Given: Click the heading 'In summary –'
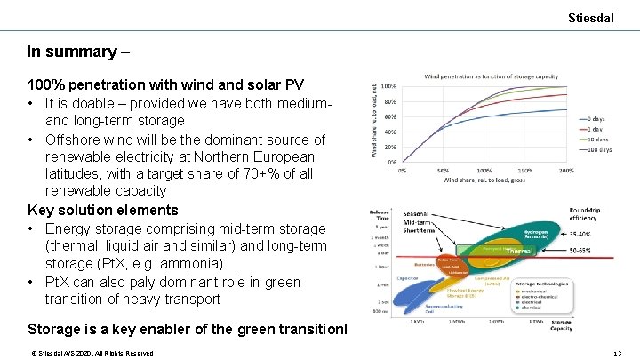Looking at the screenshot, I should pos(78,52).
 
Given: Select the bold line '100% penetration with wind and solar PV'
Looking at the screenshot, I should pos(165,85).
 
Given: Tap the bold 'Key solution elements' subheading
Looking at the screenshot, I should pos(103,211).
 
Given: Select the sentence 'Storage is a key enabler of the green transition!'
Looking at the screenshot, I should pos(188,329).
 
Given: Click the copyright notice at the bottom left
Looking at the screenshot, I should pos(92,353).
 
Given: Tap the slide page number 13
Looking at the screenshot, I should pos(619,353).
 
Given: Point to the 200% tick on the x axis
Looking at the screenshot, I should pos(565,170).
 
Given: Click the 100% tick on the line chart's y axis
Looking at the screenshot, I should pos(388,86).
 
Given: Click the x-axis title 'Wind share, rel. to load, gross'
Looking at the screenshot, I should pos(484,180).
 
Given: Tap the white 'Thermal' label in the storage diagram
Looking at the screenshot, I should pos(519,252).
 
